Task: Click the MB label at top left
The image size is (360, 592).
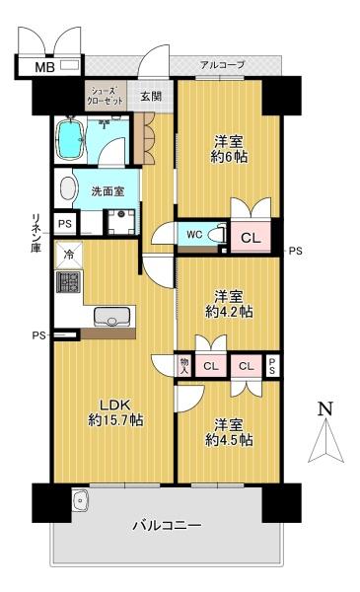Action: (45, 67)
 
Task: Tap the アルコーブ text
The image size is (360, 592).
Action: (222, 65)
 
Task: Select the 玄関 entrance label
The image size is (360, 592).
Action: (151, 96)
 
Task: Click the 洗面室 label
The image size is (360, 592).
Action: (108, 191)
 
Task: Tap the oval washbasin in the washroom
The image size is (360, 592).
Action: (69, 189)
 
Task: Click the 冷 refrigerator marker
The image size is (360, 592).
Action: (68, 254)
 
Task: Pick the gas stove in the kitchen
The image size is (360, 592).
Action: (69, 283)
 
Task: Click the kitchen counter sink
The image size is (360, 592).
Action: (109, 318)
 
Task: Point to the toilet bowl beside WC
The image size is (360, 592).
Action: (220, 236)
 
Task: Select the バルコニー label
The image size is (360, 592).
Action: (167, 526)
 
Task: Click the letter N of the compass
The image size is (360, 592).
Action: (325, 408)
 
